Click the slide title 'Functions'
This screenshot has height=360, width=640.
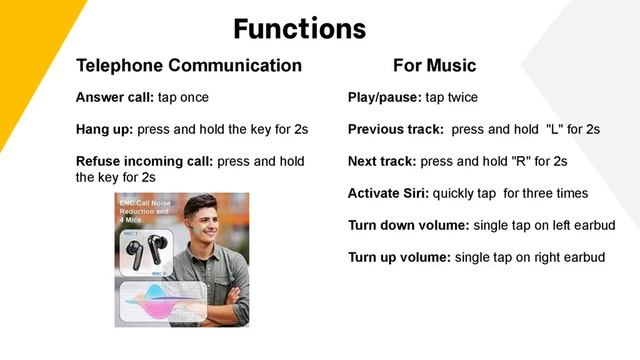(299, 27)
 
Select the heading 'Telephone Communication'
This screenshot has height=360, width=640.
(189, 66)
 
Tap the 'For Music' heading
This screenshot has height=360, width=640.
(434, 66)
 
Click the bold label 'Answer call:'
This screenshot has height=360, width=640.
(112, 98)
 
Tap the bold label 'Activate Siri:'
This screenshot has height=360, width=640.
(388, 193)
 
